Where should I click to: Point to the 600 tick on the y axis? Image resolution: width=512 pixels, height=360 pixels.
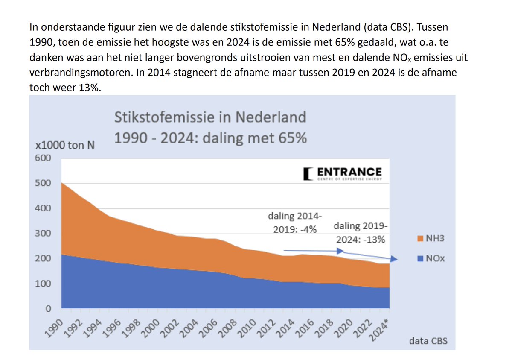tap(43, 158)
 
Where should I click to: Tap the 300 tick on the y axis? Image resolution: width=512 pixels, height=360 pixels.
tap(43, 234)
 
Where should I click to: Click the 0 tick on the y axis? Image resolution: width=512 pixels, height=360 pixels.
tap(48, 309)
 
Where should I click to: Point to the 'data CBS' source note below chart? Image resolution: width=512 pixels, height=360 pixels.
tap(428, 341)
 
